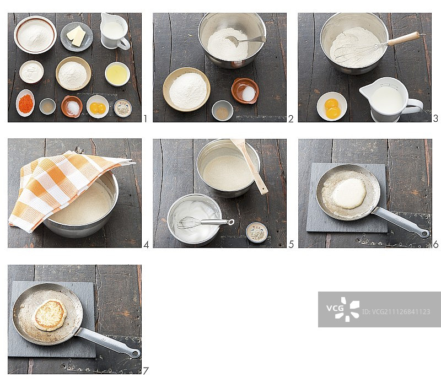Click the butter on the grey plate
tap(76, 36)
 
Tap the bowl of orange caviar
tap(25, 103)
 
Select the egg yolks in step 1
tap(98, 107)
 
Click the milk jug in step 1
tap(115, 31)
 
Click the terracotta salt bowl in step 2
tap(245, 90)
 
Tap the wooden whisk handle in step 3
tap(404, 39)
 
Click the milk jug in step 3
tap(390, 99)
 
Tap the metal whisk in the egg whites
tap(205, 222)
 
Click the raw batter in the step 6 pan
tap(349, 193)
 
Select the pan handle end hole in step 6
tap(425, 233)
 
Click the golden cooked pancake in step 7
tap(50, 315)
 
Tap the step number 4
tap(146, 245)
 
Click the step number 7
tap(146, 371)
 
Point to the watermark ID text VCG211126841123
tap(396, 311)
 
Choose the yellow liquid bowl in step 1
tap(117, 74)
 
